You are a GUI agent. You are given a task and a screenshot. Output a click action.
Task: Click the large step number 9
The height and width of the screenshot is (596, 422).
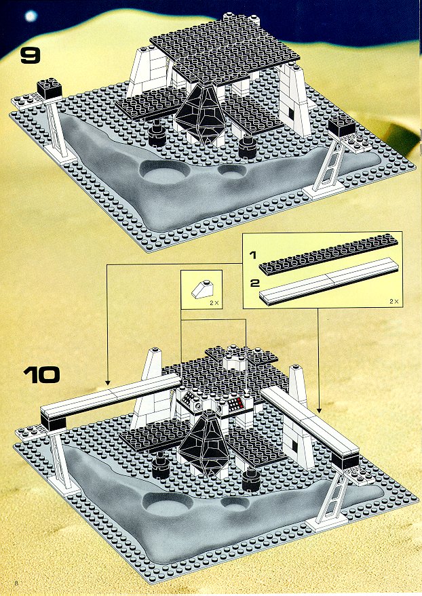pos(30,56)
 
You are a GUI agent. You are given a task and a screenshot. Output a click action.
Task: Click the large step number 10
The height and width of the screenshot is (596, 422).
pos(42,375)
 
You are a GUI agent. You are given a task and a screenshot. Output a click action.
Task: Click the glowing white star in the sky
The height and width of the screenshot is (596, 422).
pos(31,16)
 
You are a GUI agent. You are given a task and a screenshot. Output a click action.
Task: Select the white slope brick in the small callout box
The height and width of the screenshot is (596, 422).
pos(201,290)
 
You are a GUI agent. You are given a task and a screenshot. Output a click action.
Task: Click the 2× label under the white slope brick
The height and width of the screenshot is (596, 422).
pos(214,303)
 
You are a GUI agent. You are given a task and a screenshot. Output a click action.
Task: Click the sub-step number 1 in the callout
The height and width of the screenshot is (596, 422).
pos(252,255)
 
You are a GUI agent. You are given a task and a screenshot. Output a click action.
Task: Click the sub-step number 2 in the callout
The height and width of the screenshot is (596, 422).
pos(254,283)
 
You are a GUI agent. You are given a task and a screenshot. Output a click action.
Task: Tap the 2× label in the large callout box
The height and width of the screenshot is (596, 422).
pos(394,301)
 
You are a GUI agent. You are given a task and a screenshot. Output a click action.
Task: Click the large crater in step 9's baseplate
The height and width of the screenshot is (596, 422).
pos(164,173)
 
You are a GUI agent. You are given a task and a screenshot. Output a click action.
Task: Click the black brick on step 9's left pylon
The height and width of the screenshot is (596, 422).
pos(50,87)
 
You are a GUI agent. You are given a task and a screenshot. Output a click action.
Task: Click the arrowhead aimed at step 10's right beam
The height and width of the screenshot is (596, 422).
pos(319,410)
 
